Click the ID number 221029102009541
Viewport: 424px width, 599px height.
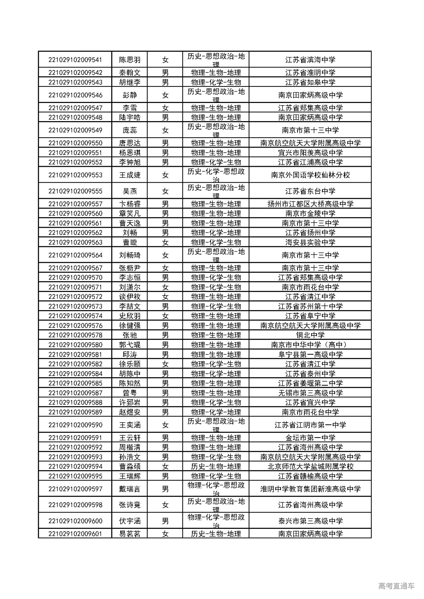(x=75, y=60)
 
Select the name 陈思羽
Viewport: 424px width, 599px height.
(x=130, y=60)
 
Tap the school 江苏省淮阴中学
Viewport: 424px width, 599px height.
(x=310, y=72)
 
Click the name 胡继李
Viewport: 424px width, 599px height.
(x=130, y=82)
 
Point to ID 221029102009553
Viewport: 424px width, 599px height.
(x=75, y=175)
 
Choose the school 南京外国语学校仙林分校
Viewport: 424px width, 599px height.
(x=310, y=175)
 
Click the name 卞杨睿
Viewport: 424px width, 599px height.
(x=130, y=204)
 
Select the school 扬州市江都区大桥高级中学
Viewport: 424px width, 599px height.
(x=310, y=204)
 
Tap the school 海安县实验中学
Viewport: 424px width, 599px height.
(x=310, y=242)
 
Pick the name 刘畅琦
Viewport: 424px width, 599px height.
(x=130, y=255)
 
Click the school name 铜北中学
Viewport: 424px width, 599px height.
(x=310, y=335)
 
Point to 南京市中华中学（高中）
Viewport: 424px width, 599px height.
(x=310, y=345)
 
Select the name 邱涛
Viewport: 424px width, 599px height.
(x=130, y=354)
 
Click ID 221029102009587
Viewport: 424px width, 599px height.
(x=75, y=393)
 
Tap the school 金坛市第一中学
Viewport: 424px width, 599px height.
(x=310, y=438)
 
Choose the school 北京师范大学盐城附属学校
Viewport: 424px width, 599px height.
(x=310, y=466)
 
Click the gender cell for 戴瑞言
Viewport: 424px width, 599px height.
(x=165, y=489)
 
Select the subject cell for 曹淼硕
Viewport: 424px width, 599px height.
(x=216, y=466)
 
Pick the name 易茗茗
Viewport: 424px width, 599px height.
(x=130, y=533)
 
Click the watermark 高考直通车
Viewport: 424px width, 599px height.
(x=396, y=586)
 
